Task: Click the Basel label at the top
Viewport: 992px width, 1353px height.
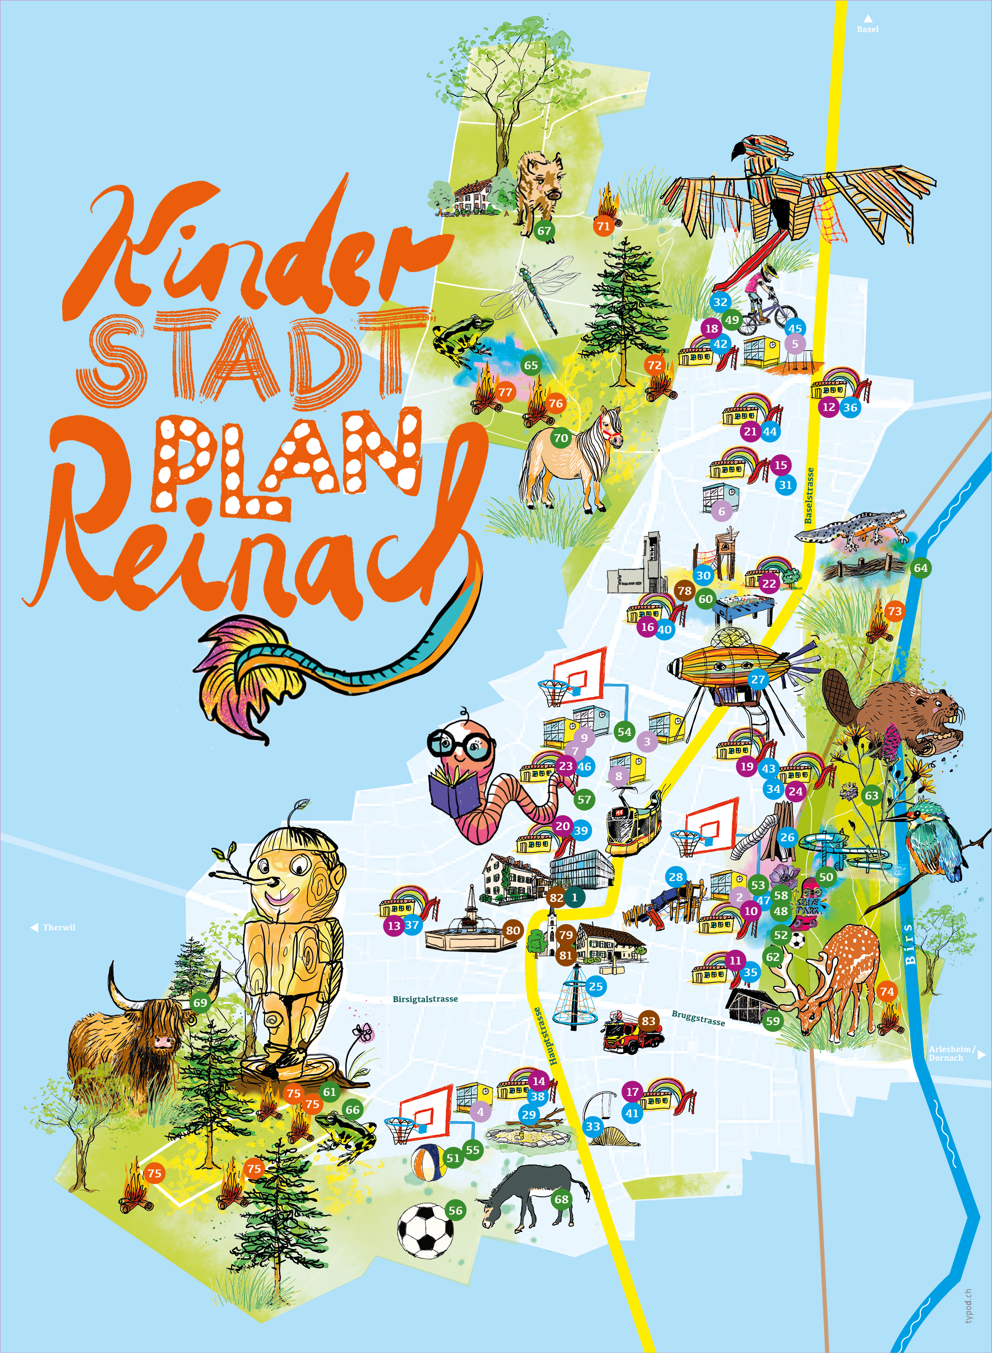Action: (867, 29)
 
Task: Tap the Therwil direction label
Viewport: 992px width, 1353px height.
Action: (58, 928)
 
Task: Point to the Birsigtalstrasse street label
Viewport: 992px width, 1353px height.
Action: (425, 999)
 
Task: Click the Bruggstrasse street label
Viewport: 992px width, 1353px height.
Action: (698, 1018)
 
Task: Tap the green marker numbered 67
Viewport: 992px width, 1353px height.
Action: (544, 231)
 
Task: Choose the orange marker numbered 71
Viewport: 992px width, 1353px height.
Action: (604, 226)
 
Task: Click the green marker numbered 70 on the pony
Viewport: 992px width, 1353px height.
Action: (561, 438)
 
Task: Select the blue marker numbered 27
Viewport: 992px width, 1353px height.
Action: (758, 679)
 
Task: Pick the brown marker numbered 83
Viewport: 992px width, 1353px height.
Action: (648, 1021)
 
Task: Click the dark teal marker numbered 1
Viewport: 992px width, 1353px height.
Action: (575, 898)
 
